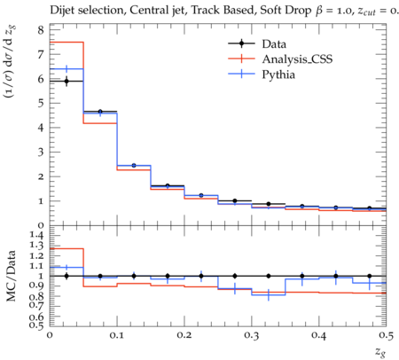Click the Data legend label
pyautogui.click(x=274, y=44)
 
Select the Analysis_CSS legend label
pyautogui.click(x=297, y=59)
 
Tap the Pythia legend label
pyautogui.click(x=278, y=74)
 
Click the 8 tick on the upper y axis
pyautogui.click(x=41, y=30)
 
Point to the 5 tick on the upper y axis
pyautogui.click(x=41, y=103)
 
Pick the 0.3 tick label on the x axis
pyautogui.click(x=252, y=335)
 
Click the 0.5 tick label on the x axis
pyautogui.click(x=386, y=335)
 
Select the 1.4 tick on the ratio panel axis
pyautogui.click(x=36, y=235)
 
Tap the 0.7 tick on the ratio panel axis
pyautogui.click(x=36, y=304)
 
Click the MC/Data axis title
pyautogui.click(x=11, y=276)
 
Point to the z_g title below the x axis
pyautogui.click(x=380, y=351)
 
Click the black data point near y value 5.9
pyautogui.click(x=66, y=81)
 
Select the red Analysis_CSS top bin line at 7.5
pyautogui.click(x=66, y=43)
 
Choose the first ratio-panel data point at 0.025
pyautogui.click(x=66, y=276)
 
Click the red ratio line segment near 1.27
pyautogui.click(x=66, y=248)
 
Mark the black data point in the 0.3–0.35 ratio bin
pyautogui.click(x=269, y=276)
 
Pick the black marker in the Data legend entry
pyautogui.click(x=241, y=43)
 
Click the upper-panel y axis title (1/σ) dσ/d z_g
pyautogui.click(x=10, y=61)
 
